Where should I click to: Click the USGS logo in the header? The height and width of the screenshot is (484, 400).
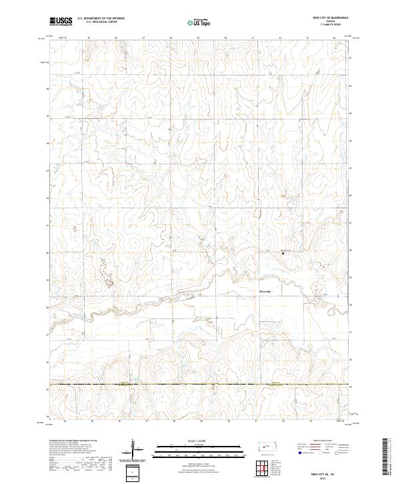tap(61, 21)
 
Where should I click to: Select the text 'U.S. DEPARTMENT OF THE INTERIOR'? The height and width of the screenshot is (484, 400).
tap(101, 19)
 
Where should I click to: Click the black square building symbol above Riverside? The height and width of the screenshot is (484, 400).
tap(282, 253)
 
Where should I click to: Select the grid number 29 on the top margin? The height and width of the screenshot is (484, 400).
tap(199, 38)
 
